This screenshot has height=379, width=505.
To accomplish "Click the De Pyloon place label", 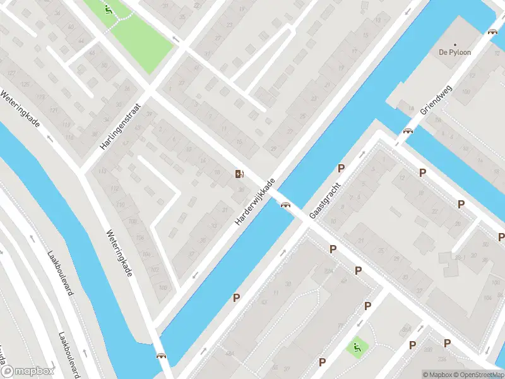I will (x=455, y=52).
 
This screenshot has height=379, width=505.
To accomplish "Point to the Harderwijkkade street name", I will (x=255, y=203).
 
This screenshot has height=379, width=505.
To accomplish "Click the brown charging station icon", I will (x=239, y=174).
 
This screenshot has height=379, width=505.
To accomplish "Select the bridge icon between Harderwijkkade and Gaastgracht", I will (x=285, y=204).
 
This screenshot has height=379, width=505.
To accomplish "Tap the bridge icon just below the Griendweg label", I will (x=408, y=131).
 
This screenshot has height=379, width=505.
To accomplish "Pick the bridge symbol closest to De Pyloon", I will (x=492, y=31).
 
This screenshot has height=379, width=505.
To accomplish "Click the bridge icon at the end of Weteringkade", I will (x=161, y=356).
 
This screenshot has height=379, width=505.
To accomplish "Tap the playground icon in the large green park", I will (x=109, y=9).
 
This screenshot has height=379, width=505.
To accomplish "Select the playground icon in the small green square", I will (x=357, y=346).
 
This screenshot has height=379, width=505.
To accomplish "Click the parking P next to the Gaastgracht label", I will (x=342, y=168).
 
